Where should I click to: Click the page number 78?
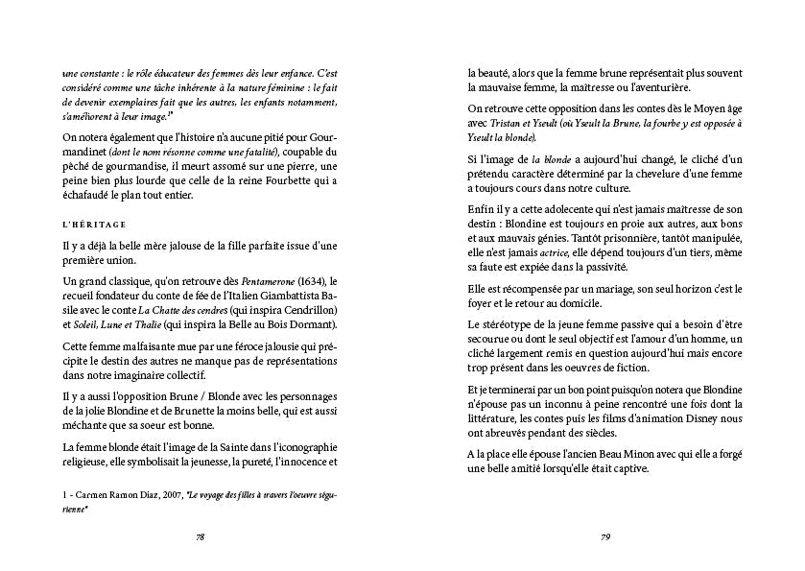click(x=200, y=537)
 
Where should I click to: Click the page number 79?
click(x=605, y=537)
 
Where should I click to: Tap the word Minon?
click(x=635, y=453)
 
